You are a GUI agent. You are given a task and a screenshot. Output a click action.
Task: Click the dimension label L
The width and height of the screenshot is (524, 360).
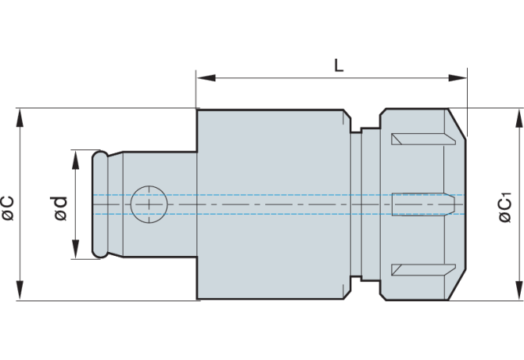[x=338, y=65]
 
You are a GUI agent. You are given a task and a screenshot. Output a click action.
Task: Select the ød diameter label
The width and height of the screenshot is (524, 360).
[x=61, y=206]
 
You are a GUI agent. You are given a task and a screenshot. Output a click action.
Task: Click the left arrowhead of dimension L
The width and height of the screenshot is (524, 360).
[x=203, y=77]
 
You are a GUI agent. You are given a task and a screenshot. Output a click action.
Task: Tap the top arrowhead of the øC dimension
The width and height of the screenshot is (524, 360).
[x=21, y=114]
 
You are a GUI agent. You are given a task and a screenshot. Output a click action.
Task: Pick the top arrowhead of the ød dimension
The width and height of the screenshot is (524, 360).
[x=76, y=155]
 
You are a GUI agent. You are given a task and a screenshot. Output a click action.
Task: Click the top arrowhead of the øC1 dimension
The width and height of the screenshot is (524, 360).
[x=518, y=115]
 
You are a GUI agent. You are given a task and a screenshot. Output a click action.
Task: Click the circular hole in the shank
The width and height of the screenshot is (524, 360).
[x=149, y=204]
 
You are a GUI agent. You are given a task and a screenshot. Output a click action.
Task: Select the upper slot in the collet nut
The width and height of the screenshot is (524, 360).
[x=422, y=139]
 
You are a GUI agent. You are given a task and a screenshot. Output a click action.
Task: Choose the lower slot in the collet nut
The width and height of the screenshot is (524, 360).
[x=422, y=270]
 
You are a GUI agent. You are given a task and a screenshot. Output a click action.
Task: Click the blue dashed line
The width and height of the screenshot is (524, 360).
[x=274, y=195]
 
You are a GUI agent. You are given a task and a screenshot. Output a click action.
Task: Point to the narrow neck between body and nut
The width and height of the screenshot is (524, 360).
[x=357, y=204]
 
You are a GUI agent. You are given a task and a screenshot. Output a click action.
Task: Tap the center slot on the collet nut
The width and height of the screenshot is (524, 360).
[x=422, y=204]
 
